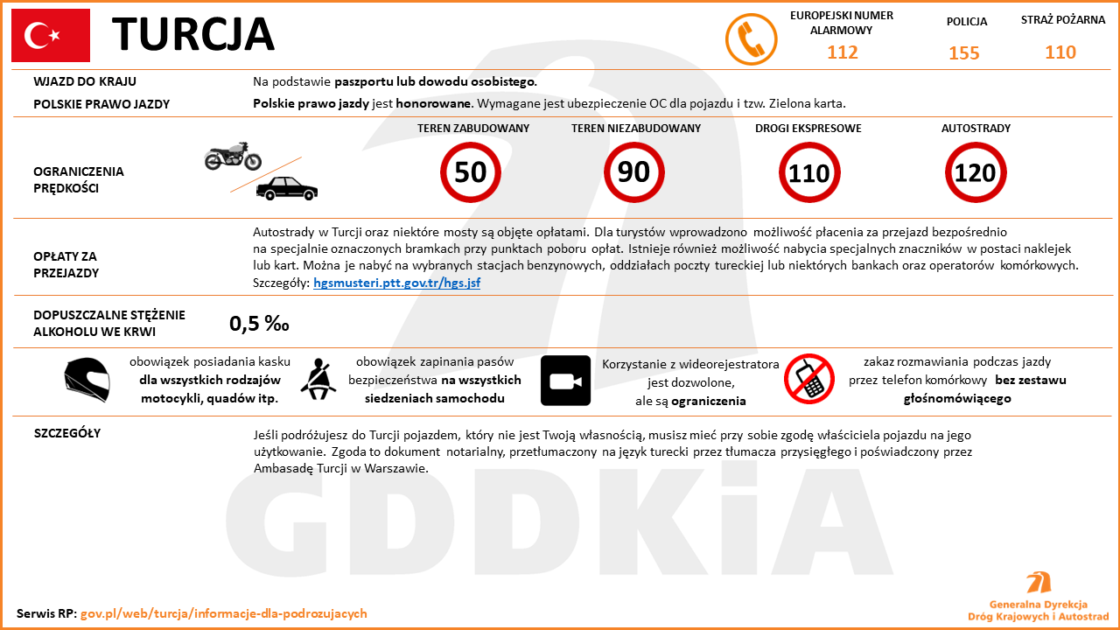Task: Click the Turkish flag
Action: pyautogui.click(x=51, y=36)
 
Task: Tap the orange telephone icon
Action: pyautogui.click(x=752, y=39)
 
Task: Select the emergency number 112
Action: pyautogui.click(x=843, y=52)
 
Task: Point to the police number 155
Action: pyautogui.click(x=964, y=53)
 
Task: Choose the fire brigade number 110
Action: pyautogui.click(x=1060, y=52)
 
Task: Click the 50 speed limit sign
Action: pyautogui.click(x=471, y=172)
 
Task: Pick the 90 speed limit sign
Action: pyautogui.click(x=634, y=172)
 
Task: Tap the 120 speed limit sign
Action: pyautogui.click(x=975, y=172)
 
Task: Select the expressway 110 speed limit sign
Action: pyautogui.click(x=809, y=172)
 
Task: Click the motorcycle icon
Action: pyautogui.click(x=233, y=156)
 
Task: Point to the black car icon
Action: pyautogui.click(x=287, y=187)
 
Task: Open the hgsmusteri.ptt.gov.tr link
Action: pyautogui.click(x=396, y=283)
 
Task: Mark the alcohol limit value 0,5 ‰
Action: pyautogui.click(x=259, y=324)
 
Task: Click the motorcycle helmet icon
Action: pyautogui.click(x=87, y=380)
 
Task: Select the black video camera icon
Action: pyautogui.click(x=565, y=381)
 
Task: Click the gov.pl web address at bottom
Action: pyautogui.click(x=224, y=613)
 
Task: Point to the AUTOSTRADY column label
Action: pyautogui.click(x=976, y=129)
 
